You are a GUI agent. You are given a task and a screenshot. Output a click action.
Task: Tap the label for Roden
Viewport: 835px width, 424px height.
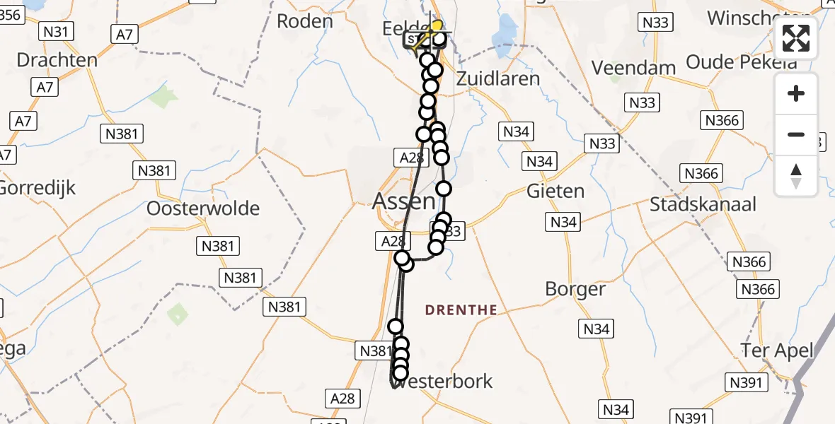click(304, 21)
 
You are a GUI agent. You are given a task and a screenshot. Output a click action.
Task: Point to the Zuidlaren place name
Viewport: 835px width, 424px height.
click(498, 78)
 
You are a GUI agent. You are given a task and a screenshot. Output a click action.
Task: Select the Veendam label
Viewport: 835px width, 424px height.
click(634, 68)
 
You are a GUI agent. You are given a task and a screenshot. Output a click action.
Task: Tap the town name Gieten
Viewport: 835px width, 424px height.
click(555, 191)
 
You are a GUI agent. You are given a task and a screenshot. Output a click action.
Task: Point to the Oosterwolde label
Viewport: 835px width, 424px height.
click(203, 208)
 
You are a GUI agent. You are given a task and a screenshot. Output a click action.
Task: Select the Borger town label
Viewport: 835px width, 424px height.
click(575, 289)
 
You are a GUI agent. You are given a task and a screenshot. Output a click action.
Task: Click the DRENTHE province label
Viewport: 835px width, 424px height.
click(461, 310)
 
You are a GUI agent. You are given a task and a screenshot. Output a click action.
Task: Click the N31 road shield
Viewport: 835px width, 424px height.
click(55, 31)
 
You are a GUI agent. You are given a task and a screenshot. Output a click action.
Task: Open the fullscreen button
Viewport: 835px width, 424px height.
click(796, 38)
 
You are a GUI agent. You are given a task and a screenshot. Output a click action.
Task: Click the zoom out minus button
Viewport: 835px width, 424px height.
click(796, 134)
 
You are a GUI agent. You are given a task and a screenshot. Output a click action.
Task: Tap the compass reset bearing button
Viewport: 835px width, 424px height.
click(796, 175)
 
